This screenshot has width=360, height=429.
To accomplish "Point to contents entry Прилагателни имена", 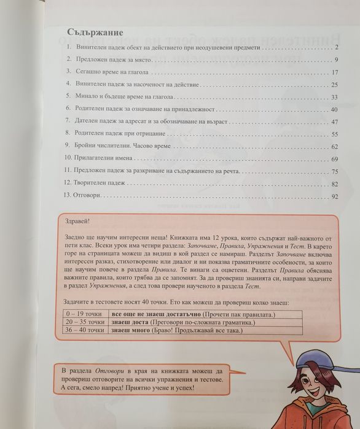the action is [x=106, y=158].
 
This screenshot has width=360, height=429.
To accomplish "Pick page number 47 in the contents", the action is [x=335, y=122].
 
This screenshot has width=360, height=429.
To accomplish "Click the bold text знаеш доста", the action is [x=131, y=322].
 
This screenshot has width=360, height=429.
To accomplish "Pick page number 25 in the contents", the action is [x=335, y=85].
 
